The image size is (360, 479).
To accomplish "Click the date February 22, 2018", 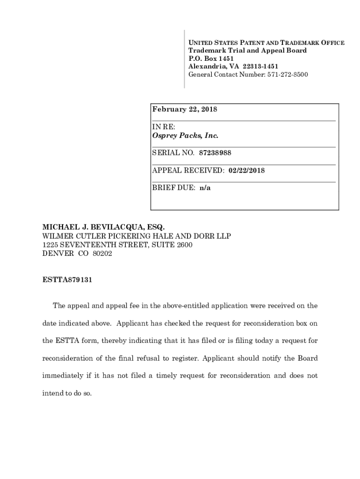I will (185, 109).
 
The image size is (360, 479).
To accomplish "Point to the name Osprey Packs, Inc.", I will (185, 136).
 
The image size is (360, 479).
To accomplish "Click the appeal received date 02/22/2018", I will (246, 170).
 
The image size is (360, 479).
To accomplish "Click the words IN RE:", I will (162, 127).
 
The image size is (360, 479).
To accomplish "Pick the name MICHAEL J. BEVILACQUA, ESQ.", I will (103, 227).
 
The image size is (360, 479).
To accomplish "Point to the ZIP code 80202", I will (102, 254).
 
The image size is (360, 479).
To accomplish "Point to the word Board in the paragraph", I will (307, 358).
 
